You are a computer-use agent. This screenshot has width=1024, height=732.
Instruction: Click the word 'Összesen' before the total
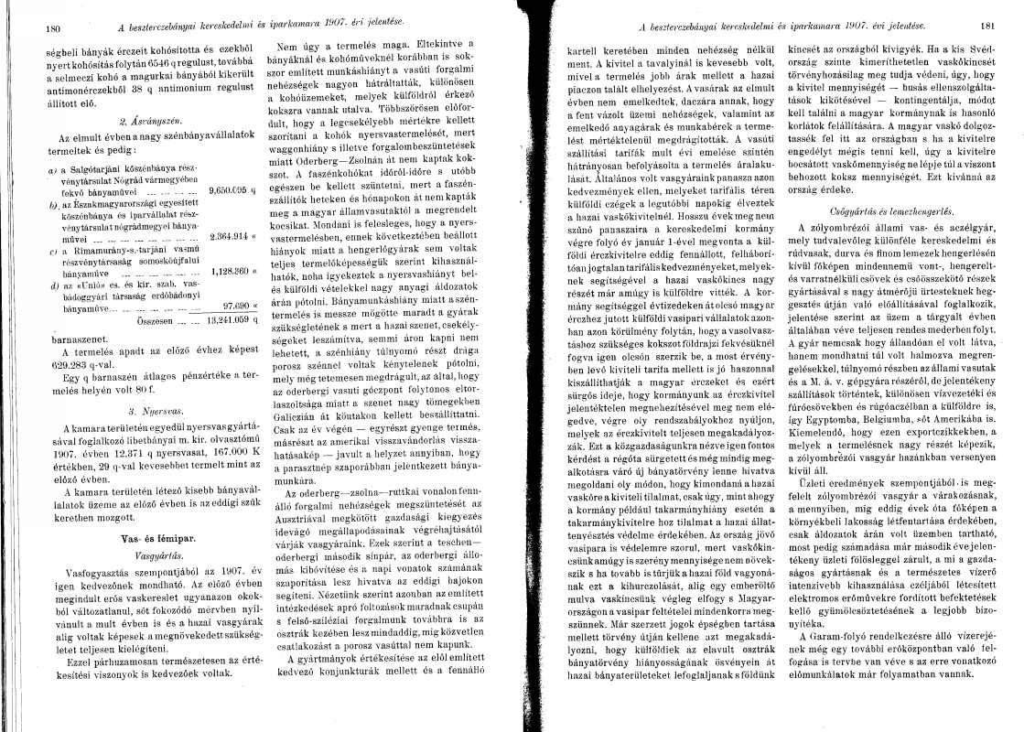pyautogui.click(x=154, y=322)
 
